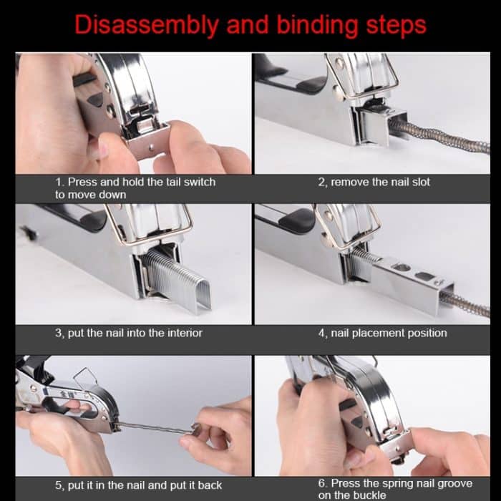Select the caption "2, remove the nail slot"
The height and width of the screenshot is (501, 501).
(374, 183)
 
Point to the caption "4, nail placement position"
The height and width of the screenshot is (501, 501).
(382, 333)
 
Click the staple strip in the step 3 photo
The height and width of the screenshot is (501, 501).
(172, 279)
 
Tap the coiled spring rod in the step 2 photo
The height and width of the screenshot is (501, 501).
(444, 136)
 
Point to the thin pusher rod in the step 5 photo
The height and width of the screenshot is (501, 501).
(154, 428)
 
